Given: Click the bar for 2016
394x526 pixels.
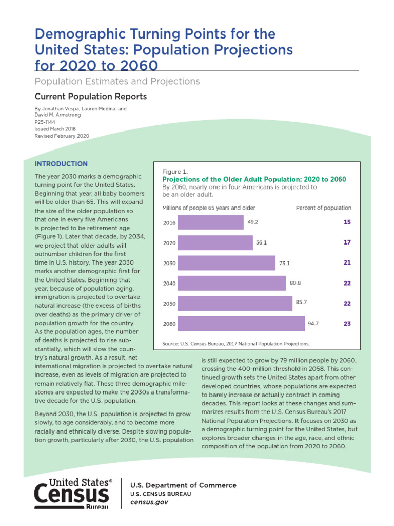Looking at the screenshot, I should pos(211,222).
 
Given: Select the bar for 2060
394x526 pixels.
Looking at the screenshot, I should pos(241,324).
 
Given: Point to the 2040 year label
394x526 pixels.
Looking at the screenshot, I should pos(169,284).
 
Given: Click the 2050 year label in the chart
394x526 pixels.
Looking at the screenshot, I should pos(169,304).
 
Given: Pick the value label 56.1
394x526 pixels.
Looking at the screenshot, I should pos(262,242).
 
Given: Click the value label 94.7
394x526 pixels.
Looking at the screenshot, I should pos(313,324).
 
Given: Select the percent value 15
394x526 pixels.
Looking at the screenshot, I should pos(347,222).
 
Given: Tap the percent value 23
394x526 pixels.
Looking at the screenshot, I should pos(347,324).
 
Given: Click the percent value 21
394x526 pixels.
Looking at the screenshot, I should pos(347,263).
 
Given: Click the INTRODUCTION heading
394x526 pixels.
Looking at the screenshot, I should pos(61,164).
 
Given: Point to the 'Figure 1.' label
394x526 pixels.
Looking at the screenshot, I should pos(175,171).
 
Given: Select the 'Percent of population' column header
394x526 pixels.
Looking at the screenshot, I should pos(324,208).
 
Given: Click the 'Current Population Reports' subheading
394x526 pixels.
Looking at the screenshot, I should pos(90,97).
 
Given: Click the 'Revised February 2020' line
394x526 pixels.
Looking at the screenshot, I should pos(62,136).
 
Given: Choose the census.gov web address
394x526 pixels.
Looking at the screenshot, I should pos(149,502).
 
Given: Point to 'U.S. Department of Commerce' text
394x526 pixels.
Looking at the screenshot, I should pos(183,485).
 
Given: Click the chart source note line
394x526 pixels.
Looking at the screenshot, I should pos(236,343).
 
